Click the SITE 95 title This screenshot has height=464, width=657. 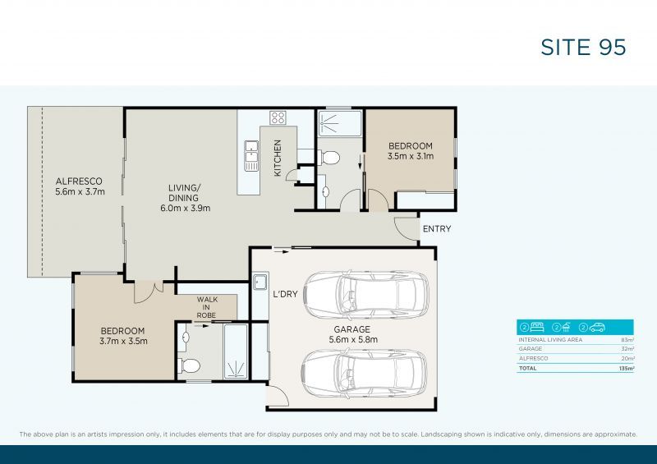click(x=583, y=47)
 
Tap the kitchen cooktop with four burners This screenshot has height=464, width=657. click(x=278, y=117)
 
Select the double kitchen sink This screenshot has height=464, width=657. click(x=251, y=154)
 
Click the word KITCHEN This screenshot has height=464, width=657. click(x=278, y=158)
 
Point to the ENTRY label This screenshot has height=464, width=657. click(x=435, y=229)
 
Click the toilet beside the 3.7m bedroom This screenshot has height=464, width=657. click(x=187, y=365)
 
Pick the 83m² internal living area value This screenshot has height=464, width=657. click(x=628, y=339)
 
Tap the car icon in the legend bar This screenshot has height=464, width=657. click(x=597, y=327)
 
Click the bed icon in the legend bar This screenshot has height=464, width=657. click(x=535, y=327)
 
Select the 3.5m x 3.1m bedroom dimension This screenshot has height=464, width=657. click(x=410, y=157)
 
